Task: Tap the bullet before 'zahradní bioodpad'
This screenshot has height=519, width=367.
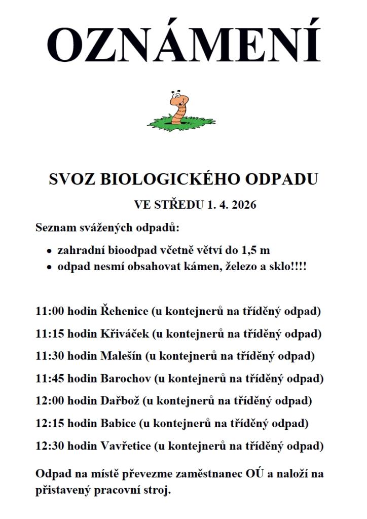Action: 49,251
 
